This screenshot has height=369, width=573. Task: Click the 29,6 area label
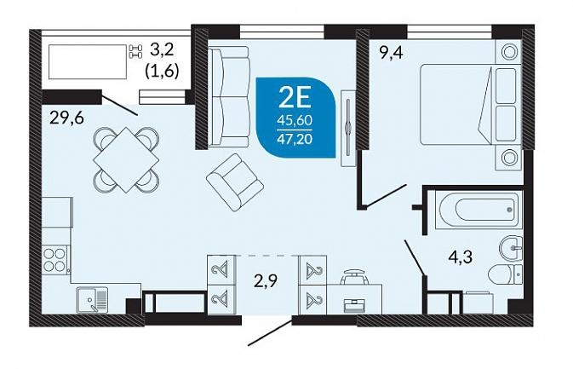[67, 118]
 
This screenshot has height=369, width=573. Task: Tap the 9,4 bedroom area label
[391, 54]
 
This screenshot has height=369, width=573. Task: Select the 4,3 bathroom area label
[461, 257]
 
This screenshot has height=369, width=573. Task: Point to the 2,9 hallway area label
[266, 281]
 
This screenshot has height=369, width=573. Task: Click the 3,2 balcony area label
[163, 49]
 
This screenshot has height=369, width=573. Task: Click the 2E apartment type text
[295, 98]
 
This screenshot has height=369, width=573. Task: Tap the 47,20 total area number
[295, 140]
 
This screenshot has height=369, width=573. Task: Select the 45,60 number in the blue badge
[295, 120]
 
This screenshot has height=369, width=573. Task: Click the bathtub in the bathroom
[478, 210]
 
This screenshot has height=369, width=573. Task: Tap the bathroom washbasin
[511, 248]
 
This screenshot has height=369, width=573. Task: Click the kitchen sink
[92, 299]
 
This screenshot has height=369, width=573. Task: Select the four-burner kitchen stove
[54, 259]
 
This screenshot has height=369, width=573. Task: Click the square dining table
[126, 159]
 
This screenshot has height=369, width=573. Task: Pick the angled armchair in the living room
[235, 182]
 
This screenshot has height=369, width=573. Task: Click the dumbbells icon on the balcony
[135, 52]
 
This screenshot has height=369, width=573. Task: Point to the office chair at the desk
[353, 277]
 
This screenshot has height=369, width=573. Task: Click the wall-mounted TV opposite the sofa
[348, 128]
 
